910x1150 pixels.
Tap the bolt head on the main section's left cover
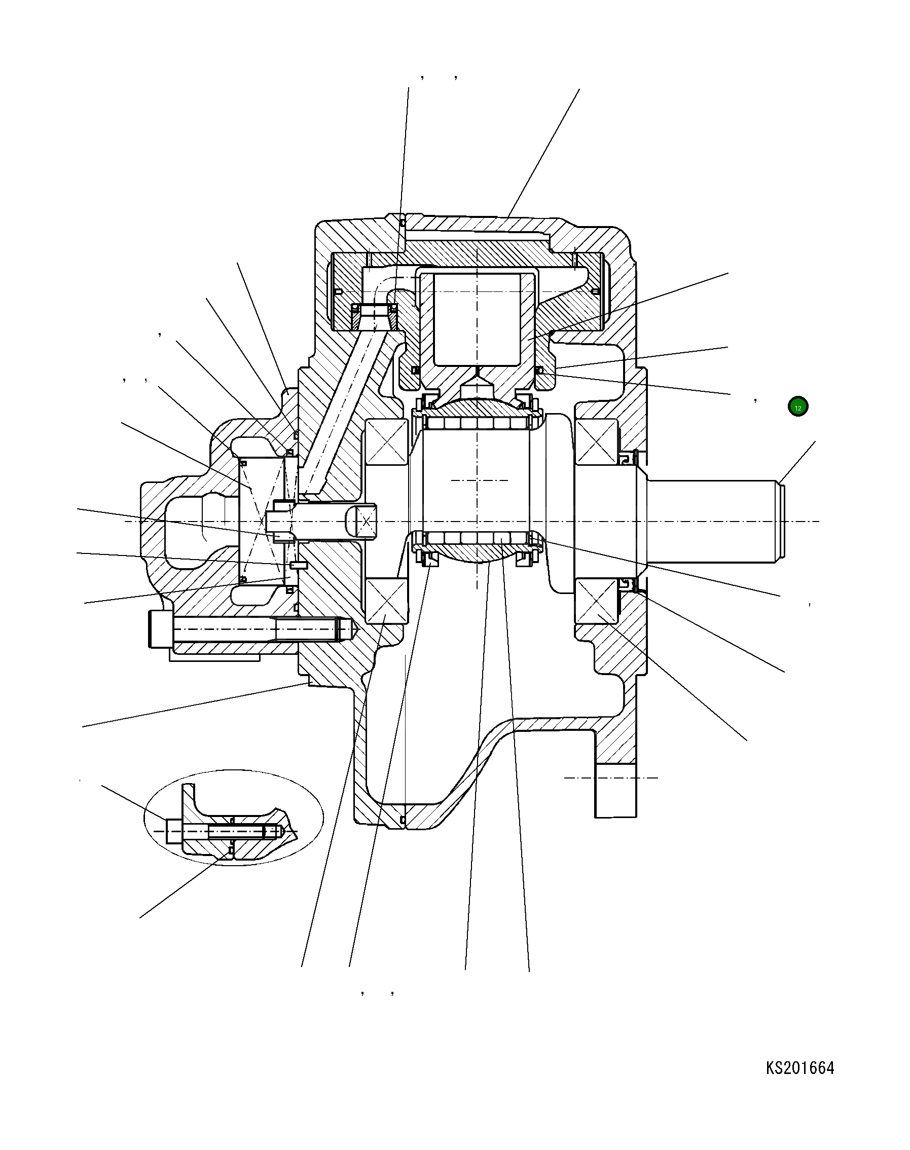point(160,629)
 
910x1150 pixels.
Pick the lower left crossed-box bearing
point(386,600)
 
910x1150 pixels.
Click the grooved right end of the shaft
point(781,521)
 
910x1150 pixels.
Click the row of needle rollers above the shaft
point(477,424)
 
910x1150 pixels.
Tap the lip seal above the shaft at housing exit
point(629,457)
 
